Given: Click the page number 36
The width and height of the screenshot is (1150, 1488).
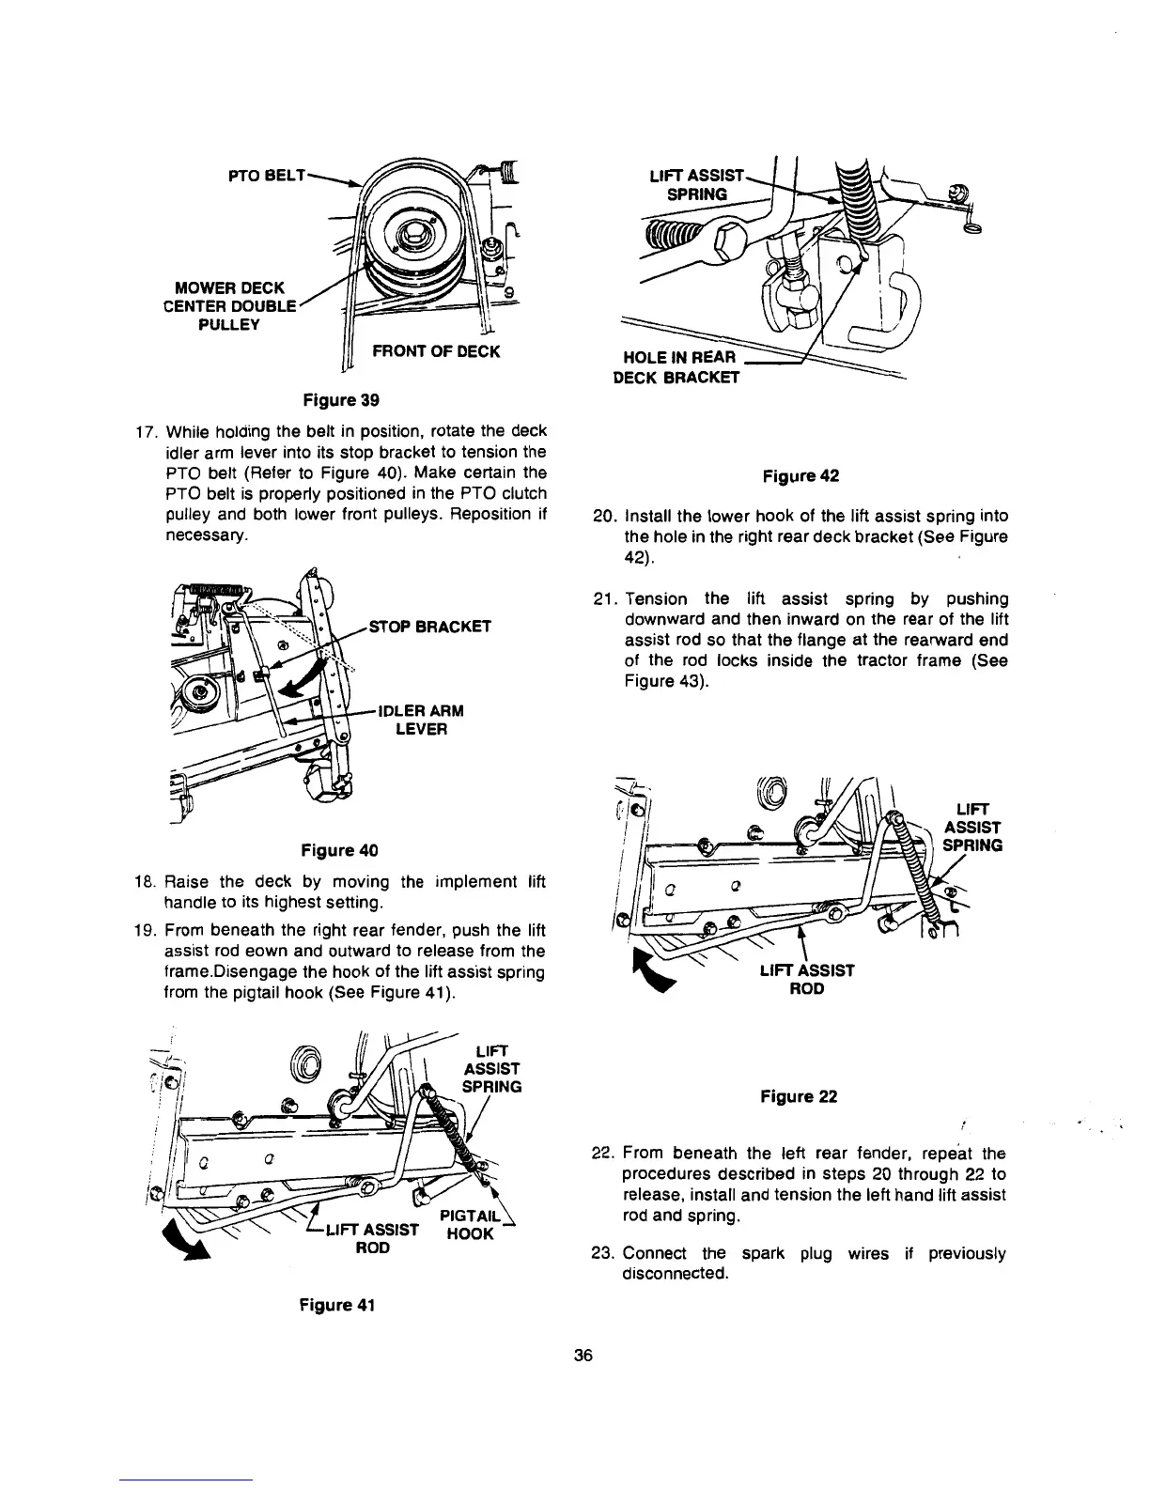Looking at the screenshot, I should point(583,1356).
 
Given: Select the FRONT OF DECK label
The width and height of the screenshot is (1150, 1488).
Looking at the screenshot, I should point(436,352).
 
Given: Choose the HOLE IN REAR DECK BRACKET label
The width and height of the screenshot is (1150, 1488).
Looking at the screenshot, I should point(676,367).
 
